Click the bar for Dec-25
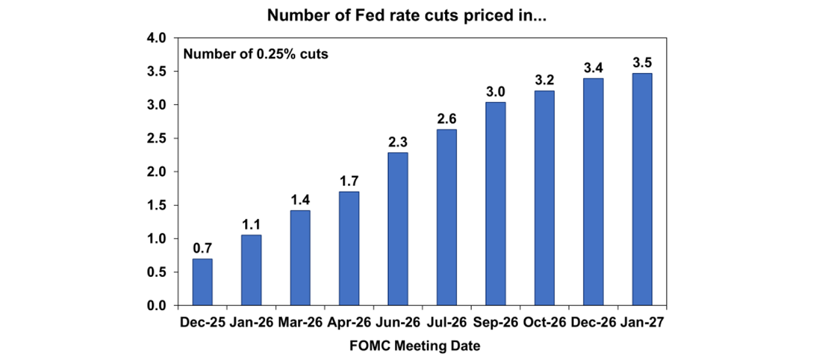coord(202,282)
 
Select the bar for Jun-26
coord(398,229)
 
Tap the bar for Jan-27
coord(642,190)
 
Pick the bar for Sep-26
coord(495,204)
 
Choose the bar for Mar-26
coord(300,258)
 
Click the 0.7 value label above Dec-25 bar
coord(202,248)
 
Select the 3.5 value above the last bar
coord(642,62)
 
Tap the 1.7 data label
coord(349,181)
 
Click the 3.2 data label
coord(544,80)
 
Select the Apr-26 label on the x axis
coord(349,322)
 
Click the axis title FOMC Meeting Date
coord(414,346)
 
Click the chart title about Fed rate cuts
coord(406,15)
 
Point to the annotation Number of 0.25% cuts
coord(256,54)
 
